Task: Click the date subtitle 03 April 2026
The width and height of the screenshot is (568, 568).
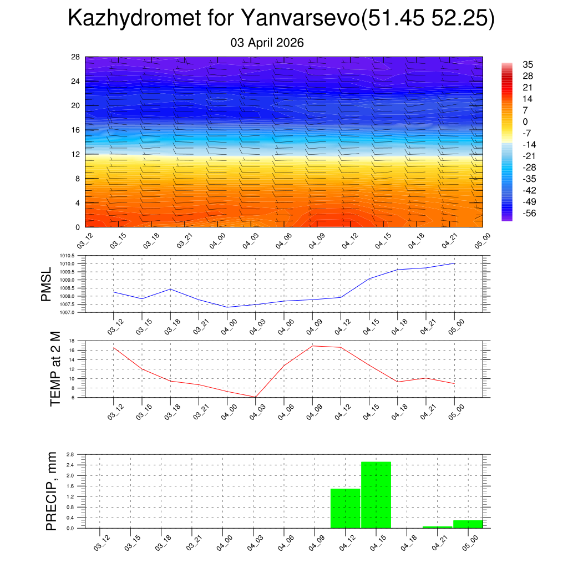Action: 267,43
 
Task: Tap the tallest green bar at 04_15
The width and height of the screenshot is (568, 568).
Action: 376,494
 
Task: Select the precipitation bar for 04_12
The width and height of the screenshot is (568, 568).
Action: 345,508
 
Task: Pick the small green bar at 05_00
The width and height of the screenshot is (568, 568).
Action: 468,524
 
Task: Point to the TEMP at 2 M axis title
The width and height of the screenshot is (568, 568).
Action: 55,369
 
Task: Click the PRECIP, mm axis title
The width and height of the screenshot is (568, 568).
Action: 51,491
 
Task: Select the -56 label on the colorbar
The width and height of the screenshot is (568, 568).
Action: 528,213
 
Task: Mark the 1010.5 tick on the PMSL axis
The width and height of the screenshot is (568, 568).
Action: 68,256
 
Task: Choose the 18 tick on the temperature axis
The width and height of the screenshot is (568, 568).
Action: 72,341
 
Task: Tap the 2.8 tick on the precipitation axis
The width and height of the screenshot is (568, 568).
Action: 70,454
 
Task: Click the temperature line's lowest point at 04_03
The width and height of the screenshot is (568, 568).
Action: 256,397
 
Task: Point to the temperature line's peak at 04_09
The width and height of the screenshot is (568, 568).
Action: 312,346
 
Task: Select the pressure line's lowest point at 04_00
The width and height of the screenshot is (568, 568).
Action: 227,307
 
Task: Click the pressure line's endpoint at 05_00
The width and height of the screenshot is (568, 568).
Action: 454,263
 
